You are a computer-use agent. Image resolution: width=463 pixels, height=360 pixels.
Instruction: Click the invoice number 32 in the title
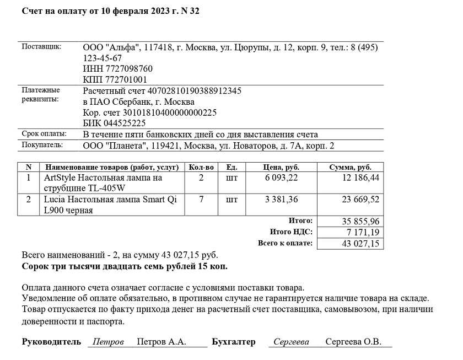(x=194, y=12)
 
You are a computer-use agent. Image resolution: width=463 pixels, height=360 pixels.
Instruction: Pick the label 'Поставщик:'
(x=41, y=46)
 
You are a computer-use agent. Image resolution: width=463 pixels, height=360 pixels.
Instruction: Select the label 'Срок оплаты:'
(x=44, y=134)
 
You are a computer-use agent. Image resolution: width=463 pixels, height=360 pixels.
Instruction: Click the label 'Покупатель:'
(x=42, y=145)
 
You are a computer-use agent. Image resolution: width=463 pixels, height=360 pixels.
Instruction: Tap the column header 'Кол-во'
(x=201, y=167)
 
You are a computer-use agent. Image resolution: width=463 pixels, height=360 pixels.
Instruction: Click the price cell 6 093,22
(x=281, y=178)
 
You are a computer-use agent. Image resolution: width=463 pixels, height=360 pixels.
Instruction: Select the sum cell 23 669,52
(x=360, y=200)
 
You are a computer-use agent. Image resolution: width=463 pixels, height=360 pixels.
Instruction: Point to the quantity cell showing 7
(x=201, y=199)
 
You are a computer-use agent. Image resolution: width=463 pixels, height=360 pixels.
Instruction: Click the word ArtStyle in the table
(x=60, y=178)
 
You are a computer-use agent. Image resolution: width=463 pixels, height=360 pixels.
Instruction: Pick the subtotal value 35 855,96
(x=360, y=221)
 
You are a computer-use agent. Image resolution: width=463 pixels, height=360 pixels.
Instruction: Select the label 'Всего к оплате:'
(x=285, y=243)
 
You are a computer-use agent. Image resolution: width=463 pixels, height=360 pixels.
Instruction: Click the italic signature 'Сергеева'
(x=292, y=342)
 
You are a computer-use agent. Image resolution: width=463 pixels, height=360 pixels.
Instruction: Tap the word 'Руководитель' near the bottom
(x=51, y=342)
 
